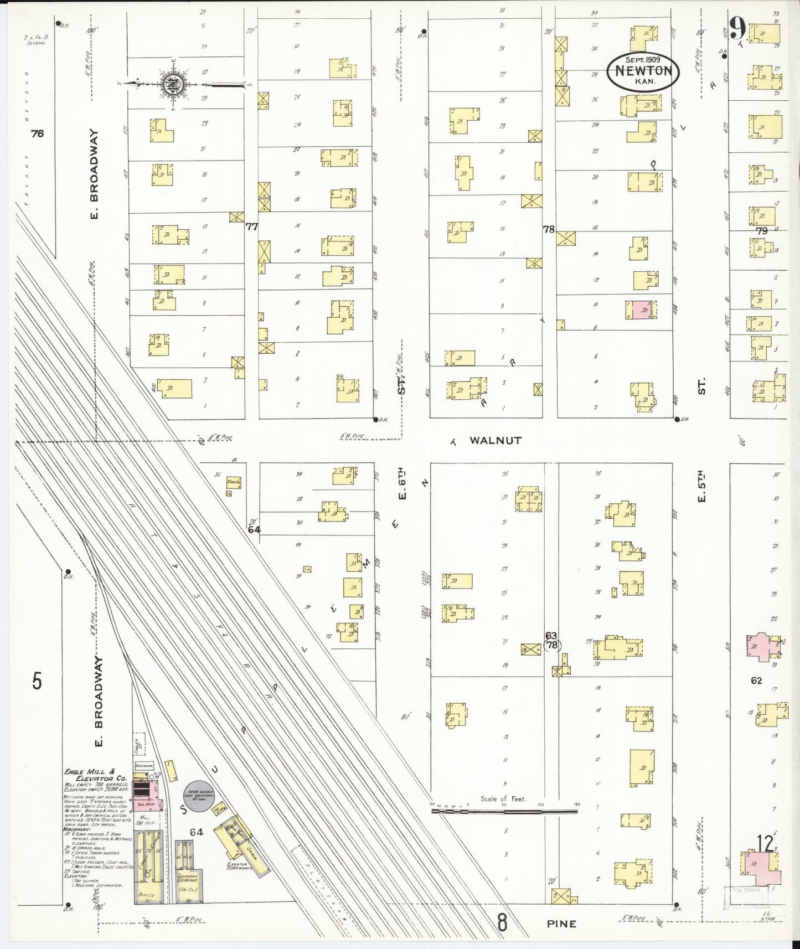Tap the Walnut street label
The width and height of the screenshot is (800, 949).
[x=495, y=440]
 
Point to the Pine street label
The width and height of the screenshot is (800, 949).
[x=561, y=924]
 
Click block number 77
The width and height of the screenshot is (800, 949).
[x=252, y=226]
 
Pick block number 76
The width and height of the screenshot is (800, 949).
[x=37, y=133]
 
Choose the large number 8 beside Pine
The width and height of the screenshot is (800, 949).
[x=502, y=922]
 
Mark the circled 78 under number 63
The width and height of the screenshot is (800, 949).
[x=551, y=645]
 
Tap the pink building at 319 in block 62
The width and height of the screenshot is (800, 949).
[x=761, y=647]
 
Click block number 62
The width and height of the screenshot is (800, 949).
[x=756, y=680]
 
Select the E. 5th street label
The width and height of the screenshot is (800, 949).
[x=701, y=487]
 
